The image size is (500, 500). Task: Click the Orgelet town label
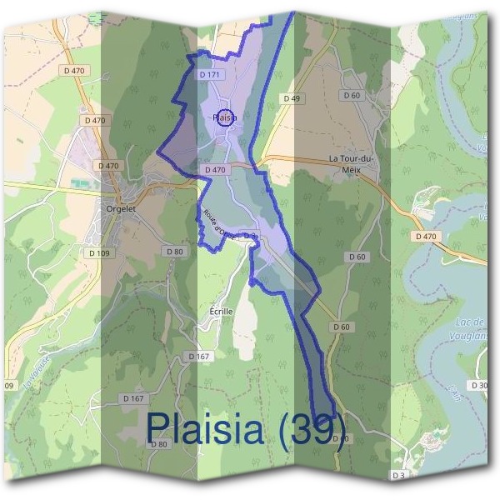pyautogui.click(x=121, y=209)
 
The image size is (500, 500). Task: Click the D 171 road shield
pyautogui.click(x=210, y=75)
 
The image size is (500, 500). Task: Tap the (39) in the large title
pyautogui.click(x=312, y=428)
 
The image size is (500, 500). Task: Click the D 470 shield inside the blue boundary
pyautogui.click(x=214, y=170)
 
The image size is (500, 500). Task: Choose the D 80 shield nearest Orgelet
pyautogui.click(x=174, y=252)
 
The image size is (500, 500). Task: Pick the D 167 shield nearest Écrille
pyautogui.click(x=198, y=357)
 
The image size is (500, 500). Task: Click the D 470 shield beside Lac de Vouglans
pyautogui.click(x=425, y=237)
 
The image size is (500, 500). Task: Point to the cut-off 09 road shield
pyautogui.click(x=9, y=386)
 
